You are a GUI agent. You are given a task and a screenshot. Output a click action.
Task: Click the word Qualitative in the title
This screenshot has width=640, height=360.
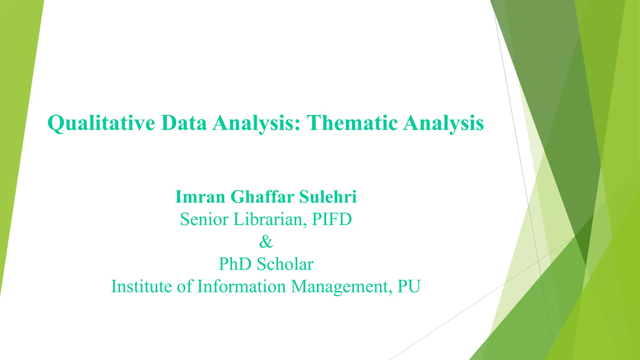[101, 123]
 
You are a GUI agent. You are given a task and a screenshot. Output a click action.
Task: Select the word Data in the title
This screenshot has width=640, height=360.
[184, 123]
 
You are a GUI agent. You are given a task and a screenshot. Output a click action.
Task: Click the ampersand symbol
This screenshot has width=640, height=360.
[266, 242]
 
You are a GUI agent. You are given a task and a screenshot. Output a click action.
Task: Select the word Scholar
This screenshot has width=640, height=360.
[285, 264]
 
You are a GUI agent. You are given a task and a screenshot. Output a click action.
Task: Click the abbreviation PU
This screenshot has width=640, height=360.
[409, 286]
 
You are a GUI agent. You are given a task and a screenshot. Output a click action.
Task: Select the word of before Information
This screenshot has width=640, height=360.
[184, 286]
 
